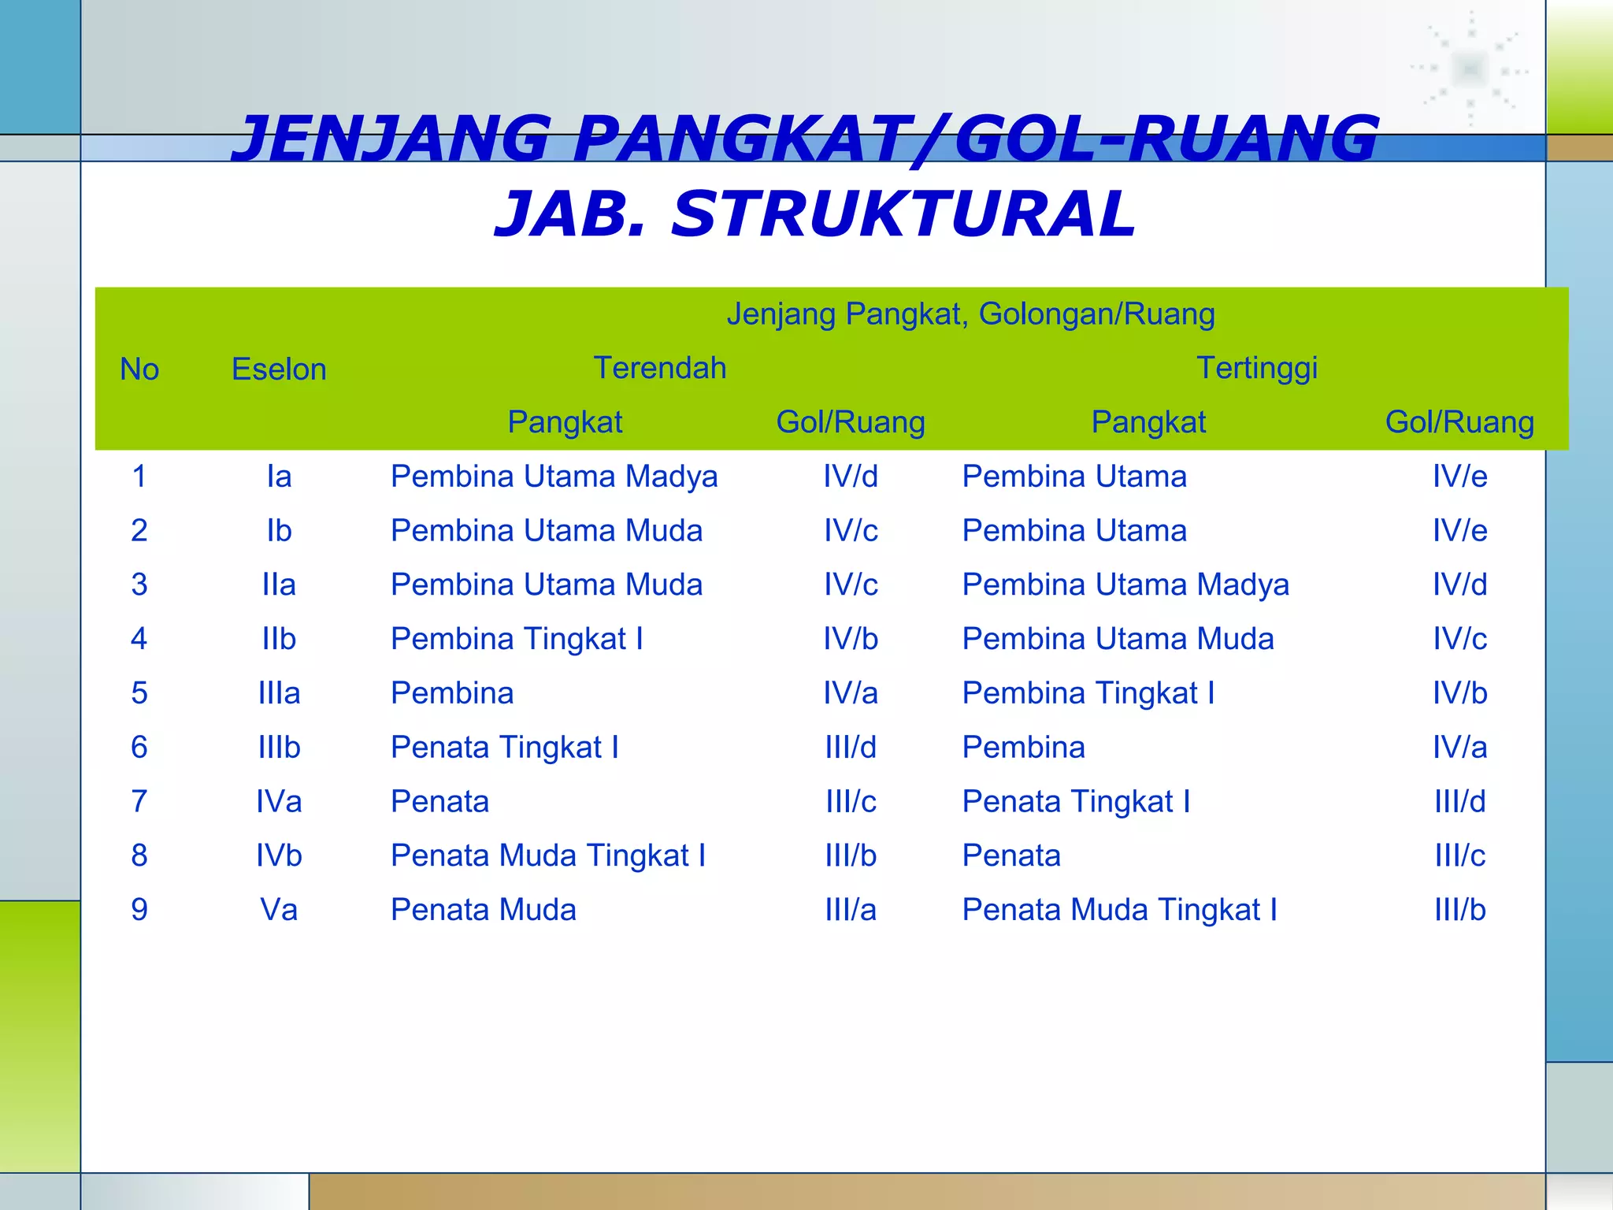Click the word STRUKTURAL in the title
(x=903, y=214)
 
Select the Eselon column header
(x=279, y=369)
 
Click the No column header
(x=139, y=369)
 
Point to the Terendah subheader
(x=659, y=368)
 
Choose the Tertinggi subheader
(x=1257, y=368)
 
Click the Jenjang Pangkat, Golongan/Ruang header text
(x=970, y=314)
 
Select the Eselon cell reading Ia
(x=279, y=477)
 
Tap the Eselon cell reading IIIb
(x=279, y=747)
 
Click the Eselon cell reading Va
(x=279, y=910)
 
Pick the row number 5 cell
(x=139, y=693)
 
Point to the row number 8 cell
(x=139, y=856)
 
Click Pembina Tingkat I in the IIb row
(x=517, y=639)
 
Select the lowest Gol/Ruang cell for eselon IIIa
(x=851, y=693)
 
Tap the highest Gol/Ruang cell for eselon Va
(x=1459, y=910)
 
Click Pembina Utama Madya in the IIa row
(x=1125, y=585)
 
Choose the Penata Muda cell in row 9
(x=484, y=910)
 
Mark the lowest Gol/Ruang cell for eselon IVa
(x=851, y=801)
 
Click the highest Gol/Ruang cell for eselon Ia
(x=1459, y=477)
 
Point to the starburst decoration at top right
(x=1470, y=69)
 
